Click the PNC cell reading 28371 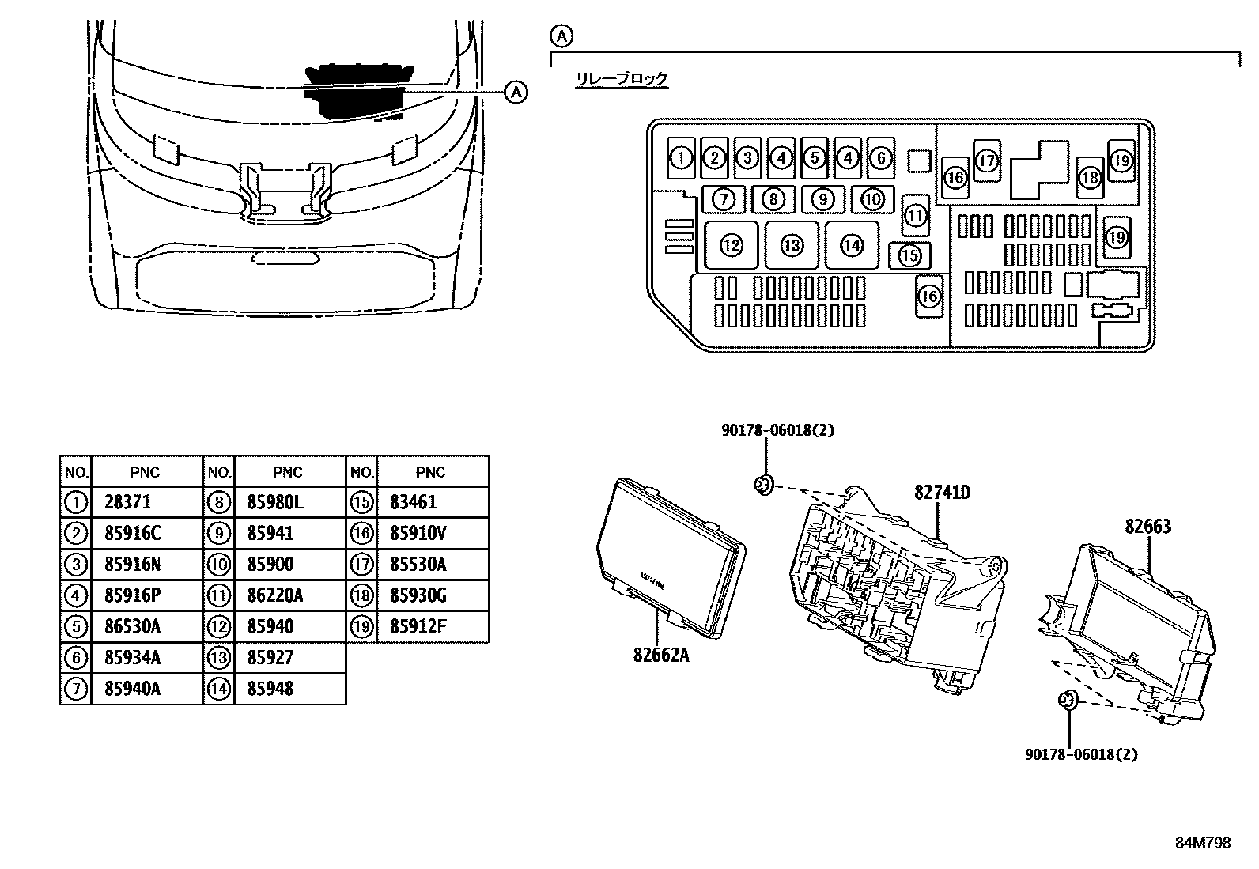pos(127,502)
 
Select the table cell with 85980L pos(275,502)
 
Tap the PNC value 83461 pos(413,502)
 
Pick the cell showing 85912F pos(418,626)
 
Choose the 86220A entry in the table pos(274,595)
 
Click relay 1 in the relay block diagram pos(680,158)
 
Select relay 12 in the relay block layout pos(731,245)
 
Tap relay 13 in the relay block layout pos(792,245)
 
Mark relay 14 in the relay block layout pos(852,245)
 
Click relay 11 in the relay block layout pos(916,215)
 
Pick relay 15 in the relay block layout pos(910,255)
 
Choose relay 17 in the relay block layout pos(986,161)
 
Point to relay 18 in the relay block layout pos(1090,177)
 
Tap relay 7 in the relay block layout pos(724,199)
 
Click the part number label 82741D pos(942,493)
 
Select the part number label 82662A pos(660,655)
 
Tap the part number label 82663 pos(1147,527)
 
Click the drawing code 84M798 pos(1202,843)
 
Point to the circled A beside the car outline pos(515,92)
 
